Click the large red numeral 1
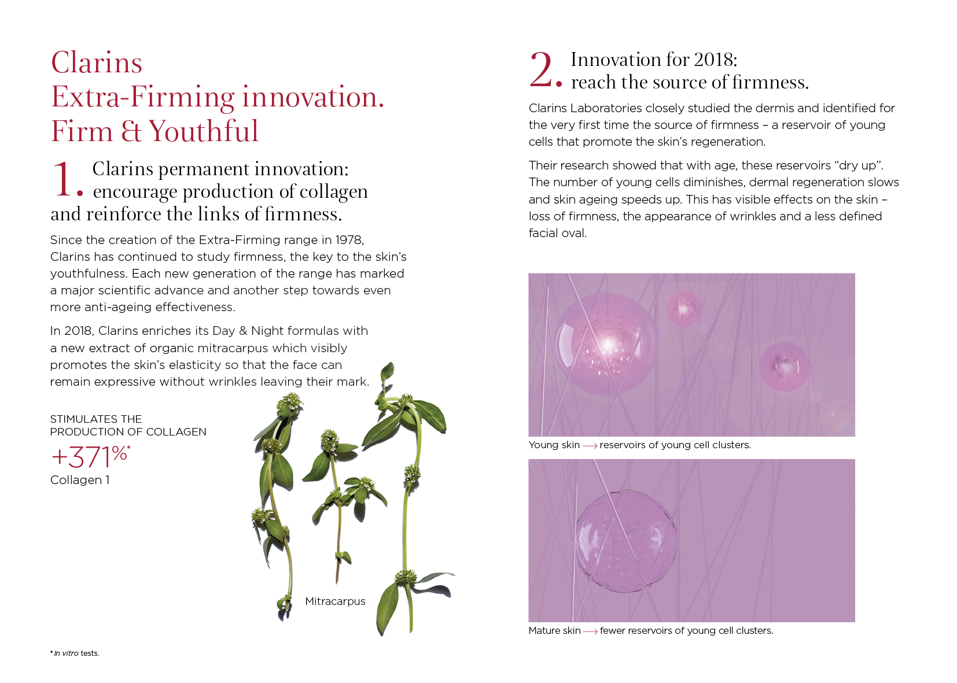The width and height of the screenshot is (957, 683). [63, 179]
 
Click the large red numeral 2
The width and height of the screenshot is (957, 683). [542, 69]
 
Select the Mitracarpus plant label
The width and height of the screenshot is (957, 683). [335, 601]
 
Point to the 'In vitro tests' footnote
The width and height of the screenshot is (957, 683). [75, 653]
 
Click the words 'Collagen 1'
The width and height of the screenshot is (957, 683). [80, 480]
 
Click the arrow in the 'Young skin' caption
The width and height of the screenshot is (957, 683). [590, 445]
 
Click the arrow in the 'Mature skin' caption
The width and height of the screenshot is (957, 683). [590, 632]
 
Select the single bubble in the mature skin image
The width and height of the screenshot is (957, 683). [625, 542]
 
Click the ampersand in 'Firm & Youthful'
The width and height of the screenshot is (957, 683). [130, 131]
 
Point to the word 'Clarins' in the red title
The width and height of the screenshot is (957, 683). [97, 63]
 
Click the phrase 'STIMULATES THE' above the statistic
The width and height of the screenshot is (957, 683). [95, 419]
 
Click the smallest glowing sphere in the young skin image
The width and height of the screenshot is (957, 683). [683, 308]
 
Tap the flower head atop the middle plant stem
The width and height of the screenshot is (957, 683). [329, 439]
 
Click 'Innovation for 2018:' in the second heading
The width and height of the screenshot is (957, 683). [654, 60]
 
